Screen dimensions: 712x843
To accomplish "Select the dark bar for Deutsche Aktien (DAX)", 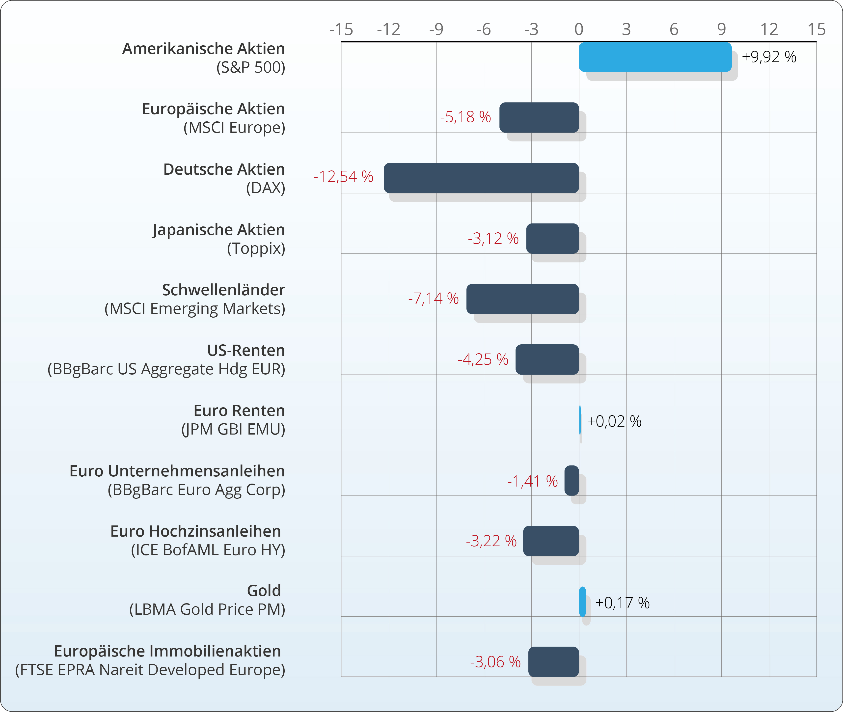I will coord(481,178).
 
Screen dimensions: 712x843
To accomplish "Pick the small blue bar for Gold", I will coord(582,602).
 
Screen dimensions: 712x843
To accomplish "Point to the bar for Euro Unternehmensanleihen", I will coord(571,480).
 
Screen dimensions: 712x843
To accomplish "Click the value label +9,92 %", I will coord(769,57).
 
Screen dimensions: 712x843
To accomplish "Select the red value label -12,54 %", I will coord(343,177).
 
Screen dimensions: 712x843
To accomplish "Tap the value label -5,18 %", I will coord(465,117).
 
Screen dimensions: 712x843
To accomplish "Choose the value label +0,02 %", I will coord(614,421).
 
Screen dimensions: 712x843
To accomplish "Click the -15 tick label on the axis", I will coord(341,29).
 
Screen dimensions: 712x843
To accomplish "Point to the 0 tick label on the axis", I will coord(579,29).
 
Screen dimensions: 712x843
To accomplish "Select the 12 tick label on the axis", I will coord(769,29).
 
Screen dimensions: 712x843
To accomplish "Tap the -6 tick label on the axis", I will coord(484,29).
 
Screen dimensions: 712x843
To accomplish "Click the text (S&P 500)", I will coord(251,67).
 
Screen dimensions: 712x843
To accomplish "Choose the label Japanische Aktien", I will coord(218,230).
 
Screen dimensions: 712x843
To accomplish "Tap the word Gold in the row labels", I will coord(264,591).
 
